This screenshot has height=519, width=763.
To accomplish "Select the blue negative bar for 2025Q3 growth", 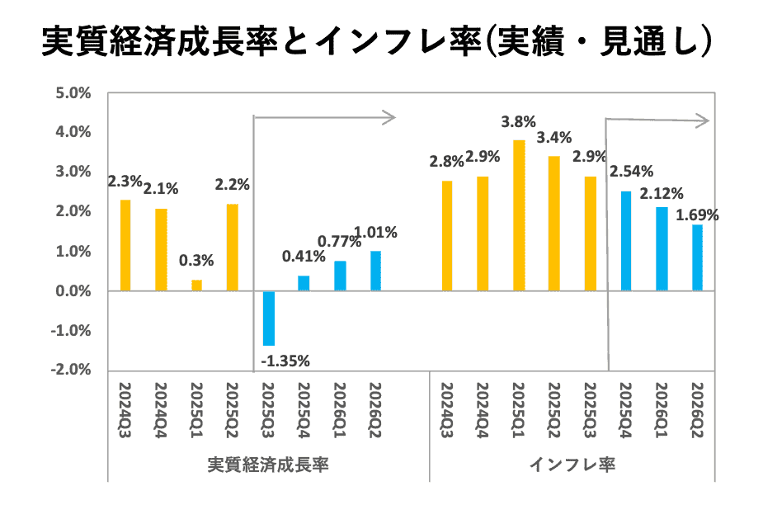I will [x=268, y=318].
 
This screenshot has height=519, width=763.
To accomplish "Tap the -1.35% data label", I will [x=285, y=360].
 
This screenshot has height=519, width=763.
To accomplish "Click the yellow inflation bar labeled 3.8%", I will [x=519, y=215].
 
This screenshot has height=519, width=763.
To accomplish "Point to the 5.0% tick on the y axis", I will [x=73, y=92].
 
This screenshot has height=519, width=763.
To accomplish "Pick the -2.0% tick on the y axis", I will [x=72, y=370].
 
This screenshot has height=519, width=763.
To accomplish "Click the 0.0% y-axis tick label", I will [x=73, y=291].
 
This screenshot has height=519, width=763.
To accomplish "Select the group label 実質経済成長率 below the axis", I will [x=268, y=465].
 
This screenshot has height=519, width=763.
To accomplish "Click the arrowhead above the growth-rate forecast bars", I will [x=390, y=117].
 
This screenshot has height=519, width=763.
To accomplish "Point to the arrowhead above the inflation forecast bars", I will [x=703, y=121].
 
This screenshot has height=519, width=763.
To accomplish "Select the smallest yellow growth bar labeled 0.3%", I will [x=196, y=285].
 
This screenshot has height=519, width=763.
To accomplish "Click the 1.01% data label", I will [x=375, y=233].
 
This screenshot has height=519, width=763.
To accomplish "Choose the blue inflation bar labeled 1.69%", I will [x=697, y=257].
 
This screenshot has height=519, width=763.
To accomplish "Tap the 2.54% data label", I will [x=631, y=172].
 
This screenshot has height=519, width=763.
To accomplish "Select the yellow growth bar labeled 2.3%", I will [x=125, y=245].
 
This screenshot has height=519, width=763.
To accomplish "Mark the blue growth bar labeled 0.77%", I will [x=340, y=276].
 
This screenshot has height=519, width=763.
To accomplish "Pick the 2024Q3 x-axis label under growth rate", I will [x=125, y=403].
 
